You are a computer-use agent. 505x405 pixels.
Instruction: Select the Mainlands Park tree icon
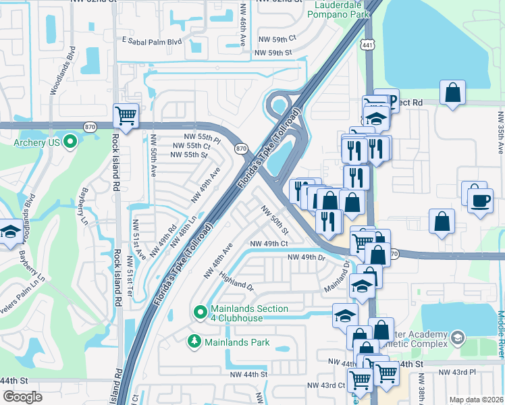195,342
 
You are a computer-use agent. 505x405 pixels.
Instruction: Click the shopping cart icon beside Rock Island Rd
126,116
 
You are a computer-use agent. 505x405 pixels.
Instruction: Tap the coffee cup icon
479,200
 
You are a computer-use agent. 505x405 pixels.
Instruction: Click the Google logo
22,397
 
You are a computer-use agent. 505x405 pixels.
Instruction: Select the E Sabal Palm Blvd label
152,40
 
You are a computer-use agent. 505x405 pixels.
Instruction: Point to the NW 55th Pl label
197,136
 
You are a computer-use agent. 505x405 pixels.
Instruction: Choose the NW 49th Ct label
269,244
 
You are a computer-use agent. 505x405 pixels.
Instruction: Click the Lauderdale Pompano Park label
342,8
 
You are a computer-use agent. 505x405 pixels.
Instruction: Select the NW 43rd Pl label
457,372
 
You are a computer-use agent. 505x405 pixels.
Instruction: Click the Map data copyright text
476,400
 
